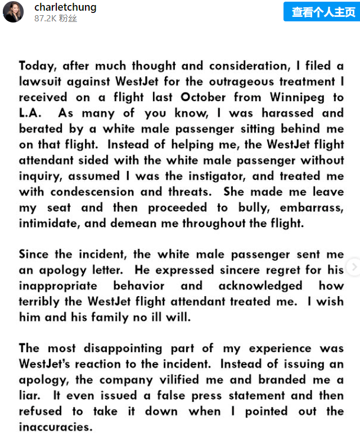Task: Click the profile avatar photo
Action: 13,12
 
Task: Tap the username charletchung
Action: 65,7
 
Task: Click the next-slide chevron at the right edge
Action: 354,267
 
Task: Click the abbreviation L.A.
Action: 30,113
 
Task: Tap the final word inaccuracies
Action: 55,426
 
